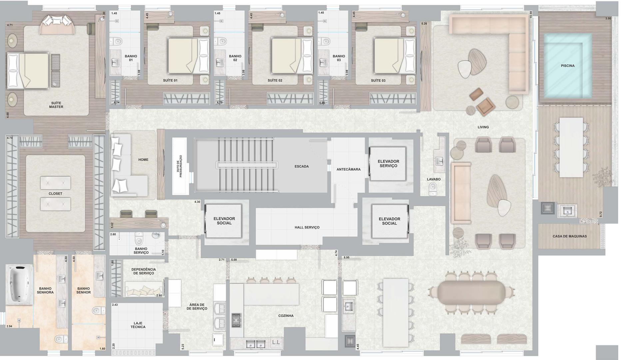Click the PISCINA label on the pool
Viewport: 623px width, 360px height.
tap(568, 66)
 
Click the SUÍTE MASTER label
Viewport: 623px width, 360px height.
tap(56, 105)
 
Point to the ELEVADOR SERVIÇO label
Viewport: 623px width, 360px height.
tap(388, 164)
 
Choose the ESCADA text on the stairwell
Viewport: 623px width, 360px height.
tap(302, 166)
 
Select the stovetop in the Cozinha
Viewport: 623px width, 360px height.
tap(236, 320)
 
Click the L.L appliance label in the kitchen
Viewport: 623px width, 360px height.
tap(276, 342)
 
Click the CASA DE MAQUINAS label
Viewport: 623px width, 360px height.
tap(570, 236)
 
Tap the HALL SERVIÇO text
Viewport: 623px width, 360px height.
tap(307, 227)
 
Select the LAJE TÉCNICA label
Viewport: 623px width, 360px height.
tap(138, 325)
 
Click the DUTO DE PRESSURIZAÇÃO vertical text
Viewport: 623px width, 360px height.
tap(180, 166)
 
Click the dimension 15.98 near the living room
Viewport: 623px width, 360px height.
tap(531, 14)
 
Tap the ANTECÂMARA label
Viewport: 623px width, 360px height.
tap(348, 169)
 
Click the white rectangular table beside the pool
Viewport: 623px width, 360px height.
tap(571, 147)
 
